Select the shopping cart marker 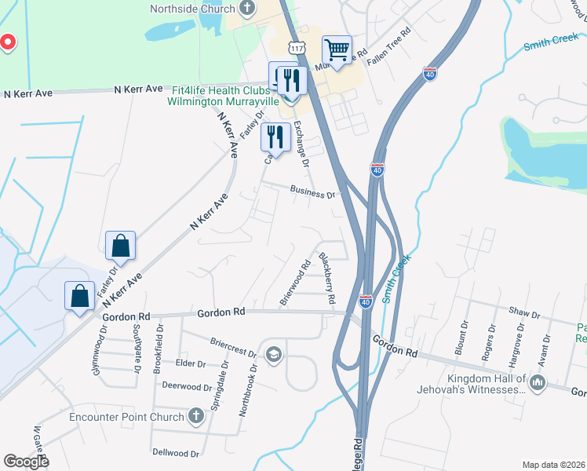[337, 51]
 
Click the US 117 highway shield [296, 49]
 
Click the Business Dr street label [312, 191]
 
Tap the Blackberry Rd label [326, 278]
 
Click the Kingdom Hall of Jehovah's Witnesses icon [538, 383]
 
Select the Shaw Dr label [525, 314]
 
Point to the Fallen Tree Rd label [389, 48]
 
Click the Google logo [26, 461]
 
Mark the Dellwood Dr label [176, 453]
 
